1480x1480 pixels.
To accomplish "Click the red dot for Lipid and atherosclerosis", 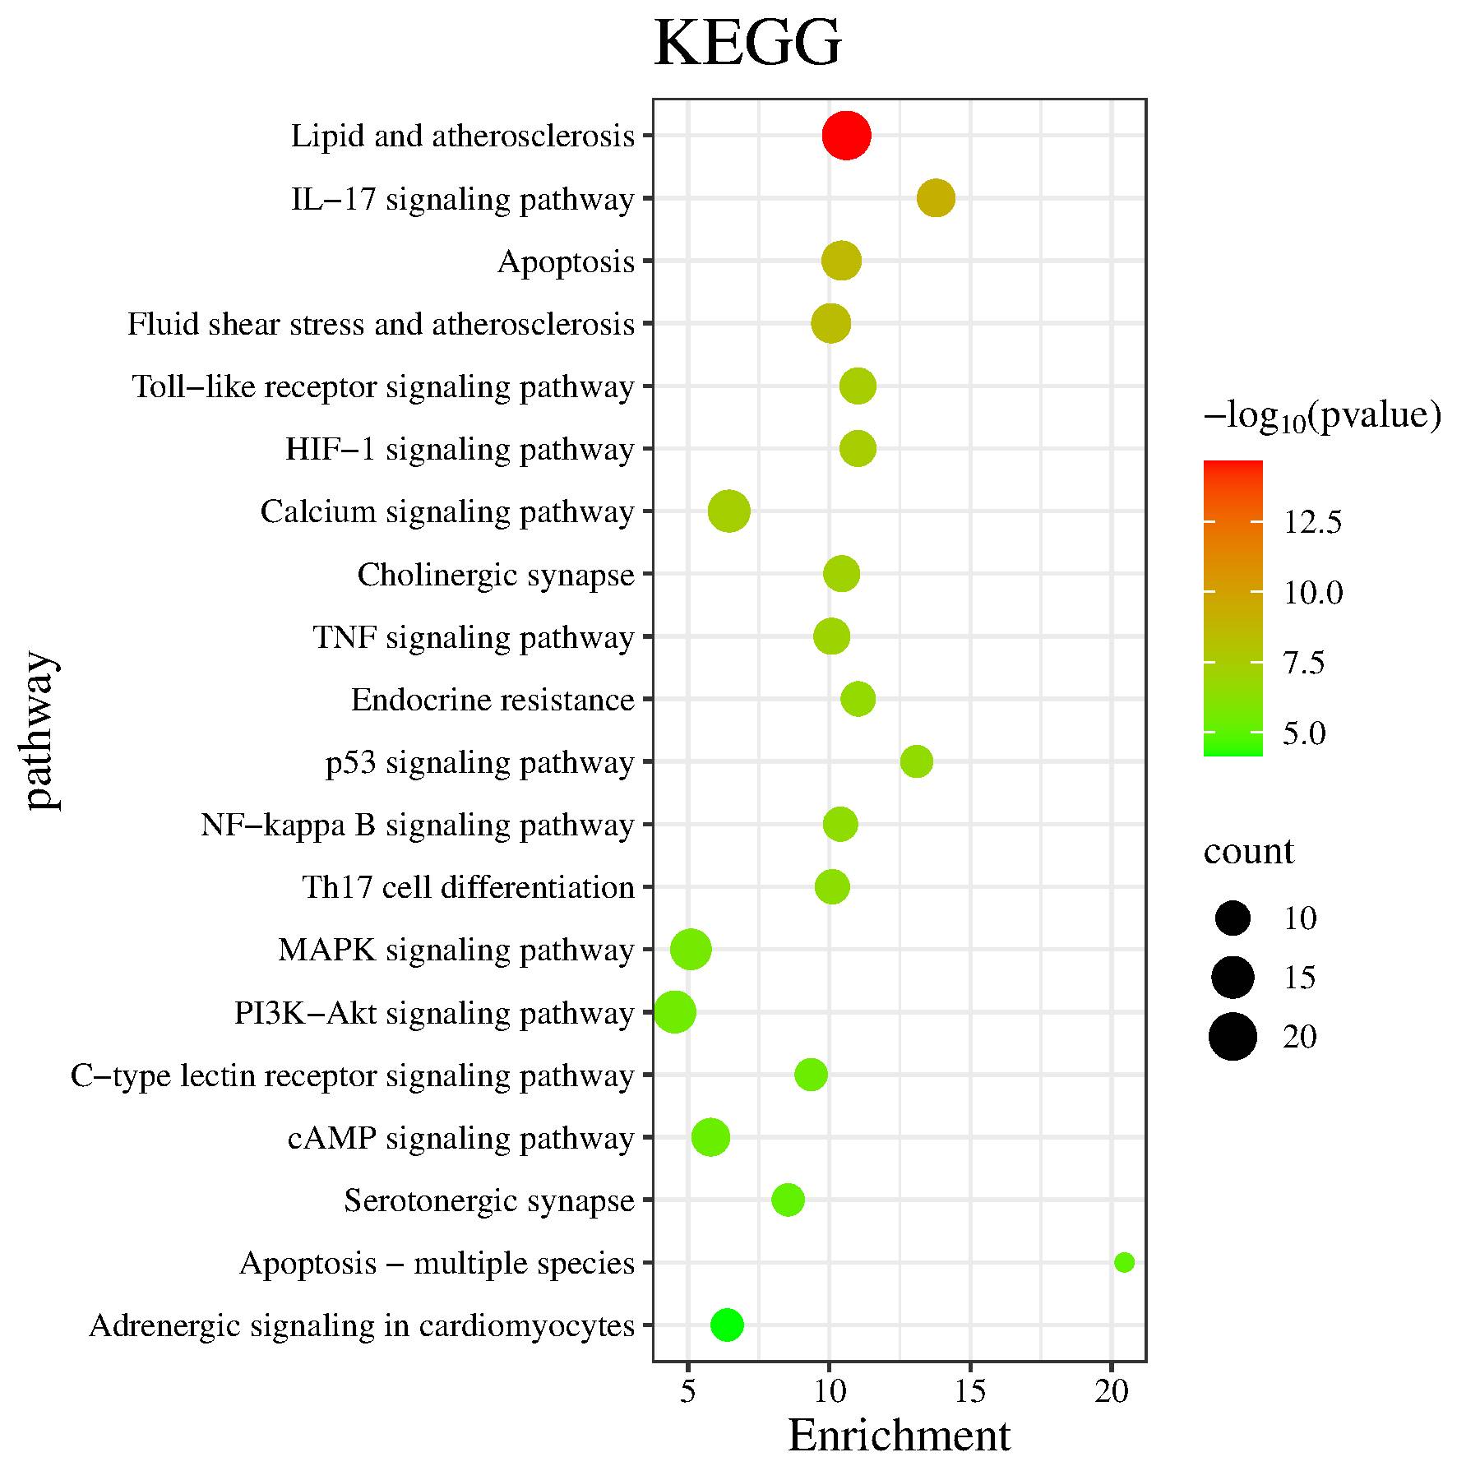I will [846, 136].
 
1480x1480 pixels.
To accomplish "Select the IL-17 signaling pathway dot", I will [936, 198].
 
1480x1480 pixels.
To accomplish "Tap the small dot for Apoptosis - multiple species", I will [1124, 1262].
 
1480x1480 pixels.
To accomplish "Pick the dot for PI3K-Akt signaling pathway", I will [674, 1012].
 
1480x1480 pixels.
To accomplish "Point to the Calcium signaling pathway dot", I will [728, 511].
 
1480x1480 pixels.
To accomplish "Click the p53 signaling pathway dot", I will [917, 761].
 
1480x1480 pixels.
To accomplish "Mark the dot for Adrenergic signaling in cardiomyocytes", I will [727, 1325].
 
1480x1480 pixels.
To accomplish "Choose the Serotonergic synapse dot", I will [788, 1200].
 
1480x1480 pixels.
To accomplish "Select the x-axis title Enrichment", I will [899, 1436].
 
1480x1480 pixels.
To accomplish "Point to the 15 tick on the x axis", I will [970, 1390].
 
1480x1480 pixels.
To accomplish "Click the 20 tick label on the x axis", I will [1112, 1390].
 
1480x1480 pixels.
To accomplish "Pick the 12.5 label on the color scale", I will [1312, 521].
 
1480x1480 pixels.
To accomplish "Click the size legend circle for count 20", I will [1233, 1037].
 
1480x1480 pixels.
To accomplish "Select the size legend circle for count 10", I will [1233, 918].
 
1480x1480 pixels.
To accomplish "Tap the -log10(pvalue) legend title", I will [1322, 416].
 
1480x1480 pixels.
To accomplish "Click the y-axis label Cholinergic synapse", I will [496, 575].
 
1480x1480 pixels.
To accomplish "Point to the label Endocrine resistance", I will [493, 700].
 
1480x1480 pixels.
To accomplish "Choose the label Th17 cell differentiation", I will [469, 887].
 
